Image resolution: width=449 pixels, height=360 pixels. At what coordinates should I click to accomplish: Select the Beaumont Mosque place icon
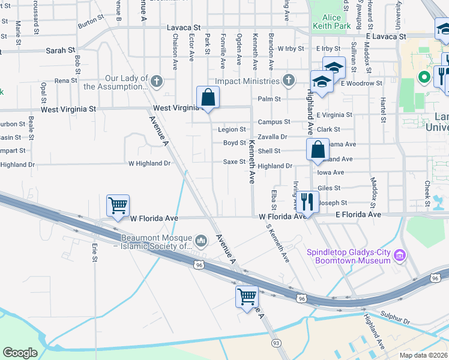(201, 241)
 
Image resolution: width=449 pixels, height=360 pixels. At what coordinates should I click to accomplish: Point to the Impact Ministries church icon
(289, 80)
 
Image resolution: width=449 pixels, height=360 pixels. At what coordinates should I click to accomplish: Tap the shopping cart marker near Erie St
(118, 205)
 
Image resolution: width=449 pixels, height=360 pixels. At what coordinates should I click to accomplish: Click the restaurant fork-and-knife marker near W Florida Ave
(307, 202)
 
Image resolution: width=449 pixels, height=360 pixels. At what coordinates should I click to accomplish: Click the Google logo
(20, 353)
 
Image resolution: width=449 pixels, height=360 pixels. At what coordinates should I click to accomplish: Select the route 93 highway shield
(276, 343)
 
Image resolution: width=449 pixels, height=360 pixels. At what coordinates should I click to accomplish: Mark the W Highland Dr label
(149, 163)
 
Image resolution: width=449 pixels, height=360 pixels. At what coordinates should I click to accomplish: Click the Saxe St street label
(234, 162)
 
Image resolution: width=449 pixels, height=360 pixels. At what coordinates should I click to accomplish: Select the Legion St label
(232, 130)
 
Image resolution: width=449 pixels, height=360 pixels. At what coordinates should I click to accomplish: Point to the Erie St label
(94, 251)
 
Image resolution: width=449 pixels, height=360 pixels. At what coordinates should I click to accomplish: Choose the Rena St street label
(66, 80)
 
